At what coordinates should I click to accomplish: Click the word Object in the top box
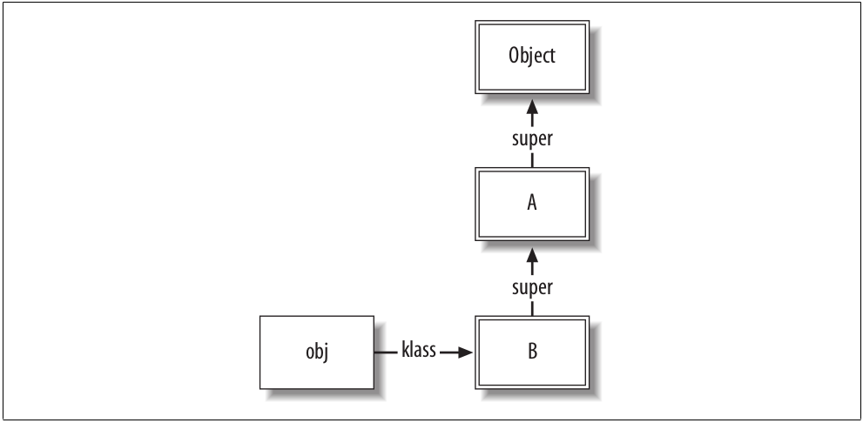(x=531, y=56)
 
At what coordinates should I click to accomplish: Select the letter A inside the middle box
(x=531, y=204)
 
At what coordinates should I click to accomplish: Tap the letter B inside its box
(x=531, y=352)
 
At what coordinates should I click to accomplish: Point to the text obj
(x=317, y=352)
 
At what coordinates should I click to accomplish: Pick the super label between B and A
(x=531, y=287)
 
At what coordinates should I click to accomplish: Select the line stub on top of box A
(x=531, y=160)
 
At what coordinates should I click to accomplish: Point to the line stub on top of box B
(x=531, y=308)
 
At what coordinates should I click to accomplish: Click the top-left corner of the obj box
(x=260, y=317)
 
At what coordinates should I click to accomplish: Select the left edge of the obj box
(x=260, y=352)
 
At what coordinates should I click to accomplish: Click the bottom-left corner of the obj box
(x=260, y=388)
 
